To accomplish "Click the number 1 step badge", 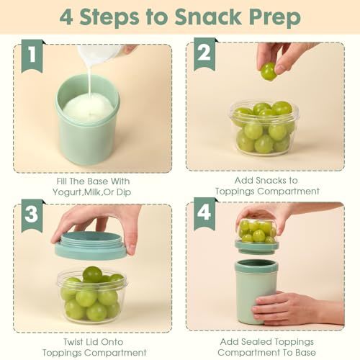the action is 32,55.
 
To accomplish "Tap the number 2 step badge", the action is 204,54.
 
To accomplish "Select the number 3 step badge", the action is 32,215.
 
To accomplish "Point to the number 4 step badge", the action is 204,213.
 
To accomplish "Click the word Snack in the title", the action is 208,17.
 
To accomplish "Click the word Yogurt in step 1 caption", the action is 67,192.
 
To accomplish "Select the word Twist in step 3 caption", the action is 73,342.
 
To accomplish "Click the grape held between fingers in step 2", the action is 269,71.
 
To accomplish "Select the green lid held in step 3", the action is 90,247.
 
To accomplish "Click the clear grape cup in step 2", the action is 264,128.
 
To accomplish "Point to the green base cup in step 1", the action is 87,120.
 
